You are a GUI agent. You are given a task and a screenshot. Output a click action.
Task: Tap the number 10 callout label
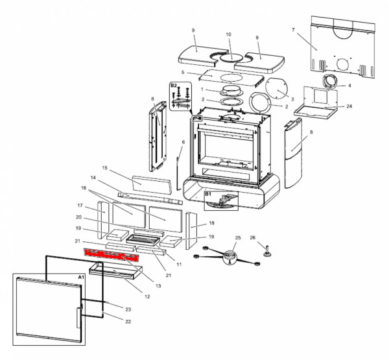pos(228,34)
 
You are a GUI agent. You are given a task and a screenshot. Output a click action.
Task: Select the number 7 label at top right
pos(293,30)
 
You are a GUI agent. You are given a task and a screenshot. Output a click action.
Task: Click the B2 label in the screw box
pos(173,85)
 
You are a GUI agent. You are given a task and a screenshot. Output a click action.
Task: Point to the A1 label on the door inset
pos(81,277)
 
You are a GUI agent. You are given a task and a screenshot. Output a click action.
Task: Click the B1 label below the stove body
pos(209,193)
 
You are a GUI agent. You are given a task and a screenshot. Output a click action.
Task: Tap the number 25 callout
pos(237,239)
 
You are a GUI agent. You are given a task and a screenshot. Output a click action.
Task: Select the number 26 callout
pos(271,238)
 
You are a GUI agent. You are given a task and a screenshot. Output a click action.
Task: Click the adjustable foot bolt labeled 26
pos(266,250)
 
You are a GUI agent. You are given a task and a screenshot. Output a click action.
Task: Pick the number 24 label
pos(349,106)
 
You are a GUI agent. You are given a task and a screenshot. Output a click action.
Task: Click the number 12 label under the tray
pos(147,297)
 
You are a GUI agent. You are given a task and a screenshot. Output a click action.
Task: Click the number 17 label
pos(79,206)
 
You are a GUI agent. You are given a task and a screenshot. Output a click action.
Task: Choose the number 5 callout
pos(183,73)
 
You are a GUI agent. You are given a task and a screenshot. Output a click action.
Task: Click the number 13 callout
pos(158,286)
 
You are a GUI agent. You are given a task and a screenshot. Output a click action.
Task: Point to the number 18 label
pos(211,223)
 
